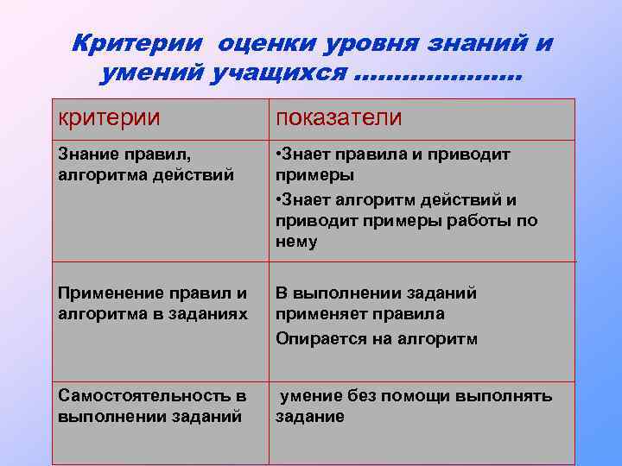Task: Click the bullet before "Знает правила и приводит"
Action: (279, 155)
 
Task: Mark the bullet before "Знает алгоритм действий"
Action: (279, 200)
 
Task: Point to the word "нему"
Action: (296, 242)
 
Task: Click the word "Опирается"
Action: (317, 339)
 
